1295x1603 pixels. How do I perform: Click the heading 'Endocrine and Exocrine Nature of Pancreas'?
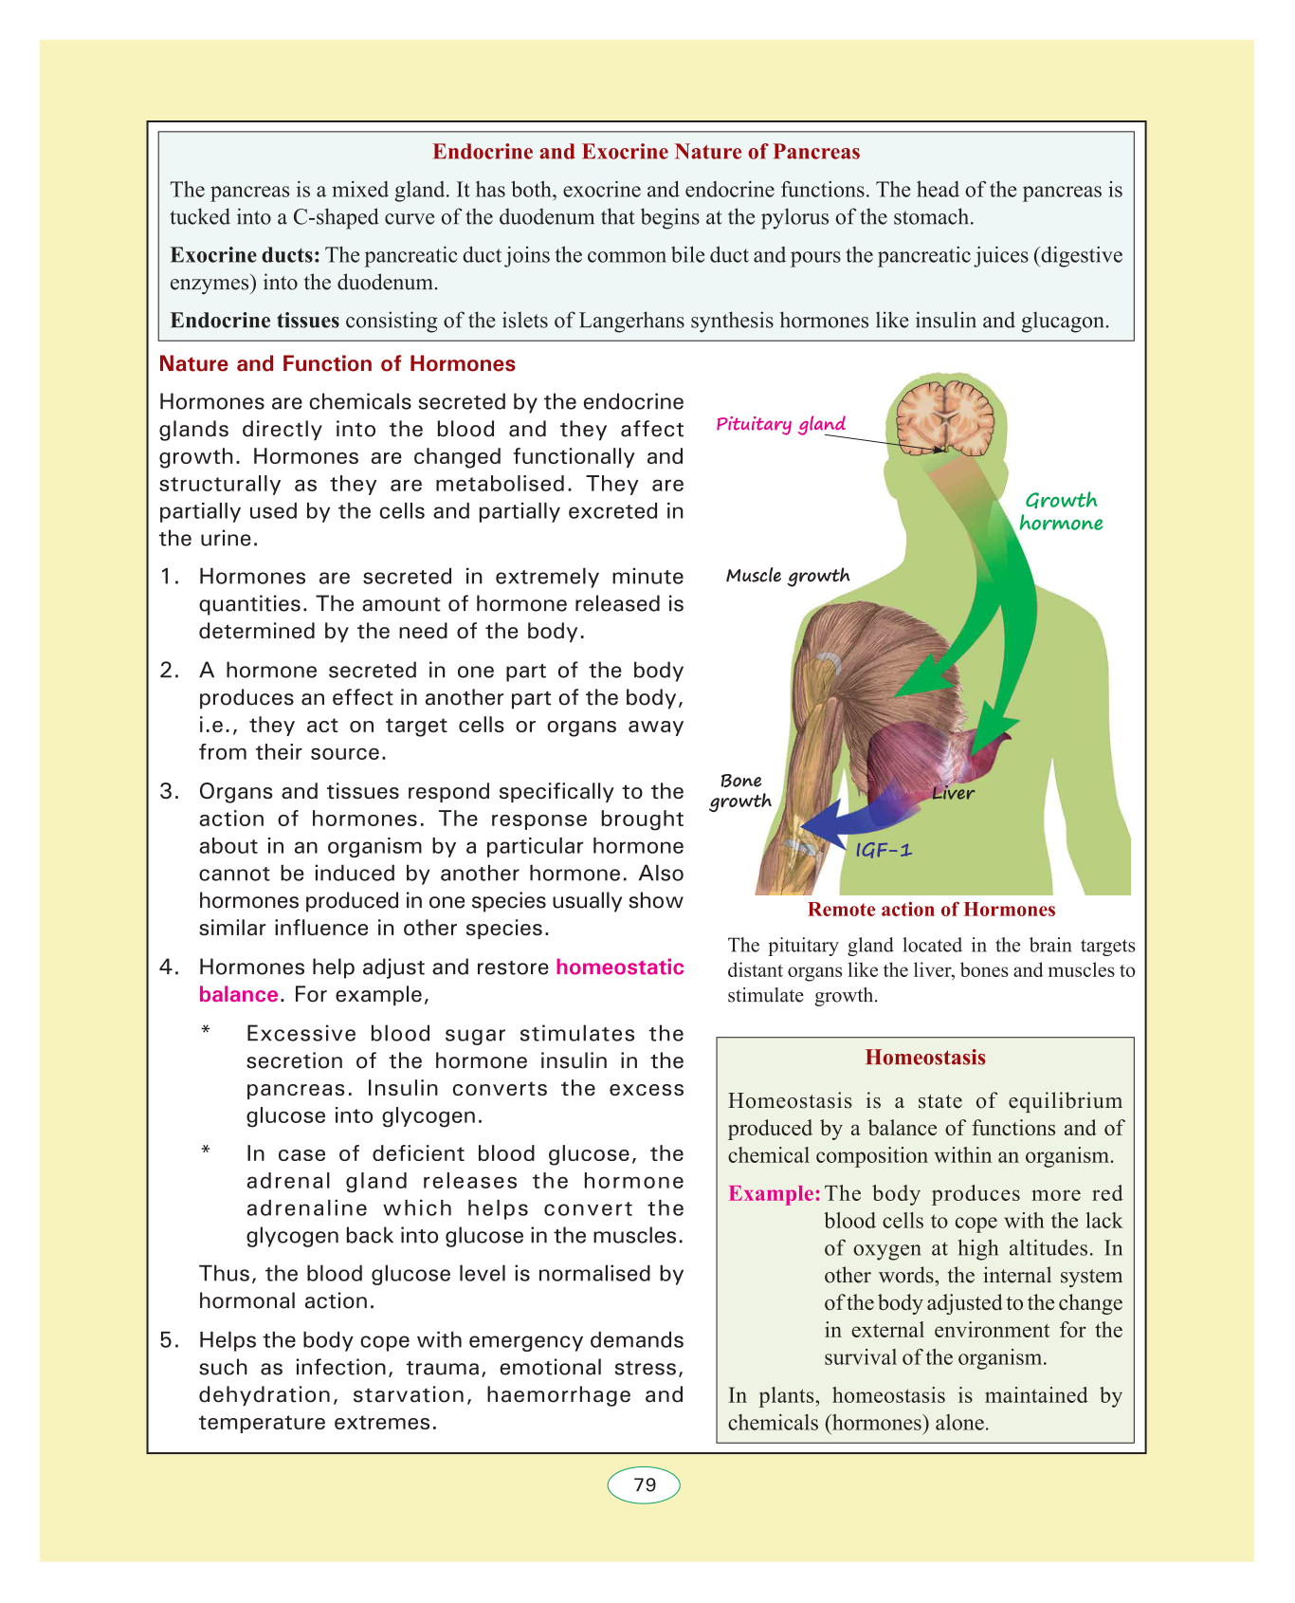click(x=646, y=152)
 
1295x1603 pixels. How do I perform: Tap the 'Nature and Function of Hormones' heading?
click(x=337, y=364)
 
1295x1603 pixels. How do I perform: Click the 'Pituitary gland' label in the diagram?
click(x=780, y=424)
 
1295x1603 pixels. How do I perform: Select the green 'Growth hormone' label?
click(x=1061, y=511)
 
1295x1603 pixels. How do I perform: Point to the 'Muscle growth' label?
click(x=788, y=576)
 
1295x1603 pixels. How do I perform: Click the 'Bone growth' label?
click(x=740, y=790)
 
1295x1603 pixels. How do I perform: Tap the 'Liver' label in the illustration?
click(x=953, y=793)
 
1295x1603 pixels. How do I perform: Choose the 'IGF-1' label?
click(x=884, y=850)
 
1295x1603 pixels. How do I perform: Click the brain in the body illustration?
click(x=946, y=416)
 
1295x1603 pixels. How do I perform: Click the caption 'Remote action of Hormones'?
click(x=931, y=910)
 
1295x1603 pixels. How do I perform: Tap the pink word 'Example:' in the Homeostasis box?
click(x=774, y=1193)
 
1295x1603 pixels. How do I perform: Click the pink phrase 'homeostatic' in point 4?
click(x=620, y=967)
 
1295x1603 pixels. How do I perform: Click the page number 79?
click(x=645, y=1484)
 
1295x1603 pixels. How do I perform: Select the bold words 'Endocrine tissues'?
click(x=254, y=320)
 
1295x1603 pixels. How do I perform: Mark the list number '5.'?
click(x=170, y=1340)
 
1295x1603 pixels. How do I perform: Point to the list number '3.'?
click(x=170, y=792)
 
